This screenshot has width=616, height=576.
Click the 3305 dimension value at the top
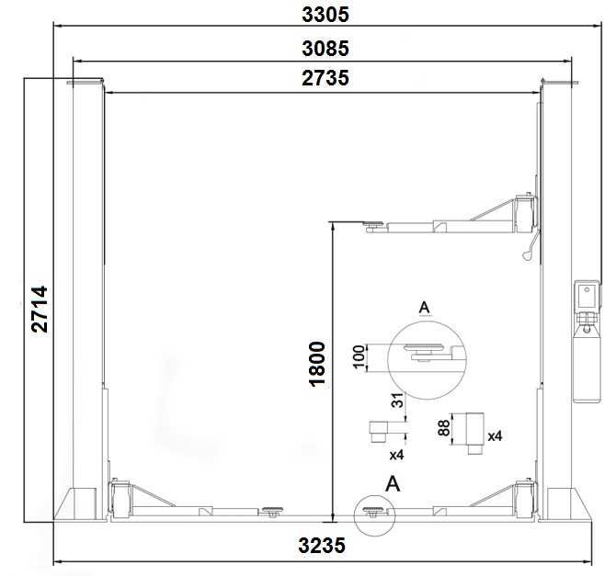tap(325, 15)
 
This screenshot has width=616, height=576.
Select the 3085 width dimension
tap(325, 49)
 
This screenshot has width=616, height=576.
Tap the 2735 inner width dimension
tap(325, 78)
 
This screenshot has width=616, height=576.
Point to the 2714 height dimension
tap(40, 310)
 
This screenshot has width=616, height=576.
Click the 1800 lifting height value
tap(317, 365)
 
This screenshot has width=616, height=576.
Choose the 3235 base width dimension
tap(322, 546)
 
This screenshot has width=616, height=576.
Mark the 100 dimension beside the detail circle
tap(359, 356)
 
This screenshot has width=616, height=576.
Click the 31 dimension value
tap(397, 401)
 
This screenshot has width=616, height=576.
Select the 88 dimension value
tap(443, 428)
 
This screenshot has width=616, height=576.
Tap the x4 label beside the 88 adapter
tap(495, 436)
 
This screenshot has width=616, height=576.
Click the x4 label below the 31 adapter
tap(396, 455)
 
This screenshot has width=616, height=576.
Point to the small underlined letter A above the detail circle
tap(424, 308)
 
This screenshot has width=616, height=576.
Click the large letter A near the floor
tap(393, 484)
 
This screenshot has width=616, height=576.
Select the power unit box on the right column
tap(587, 297)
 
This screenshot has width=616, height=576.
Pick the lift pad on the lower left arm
tap(272, 511)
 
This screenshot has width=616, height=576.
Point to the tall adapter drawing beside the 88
tap(475, 433)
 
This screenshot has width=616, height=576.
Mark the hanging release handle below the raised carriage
tap(530, 246)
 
